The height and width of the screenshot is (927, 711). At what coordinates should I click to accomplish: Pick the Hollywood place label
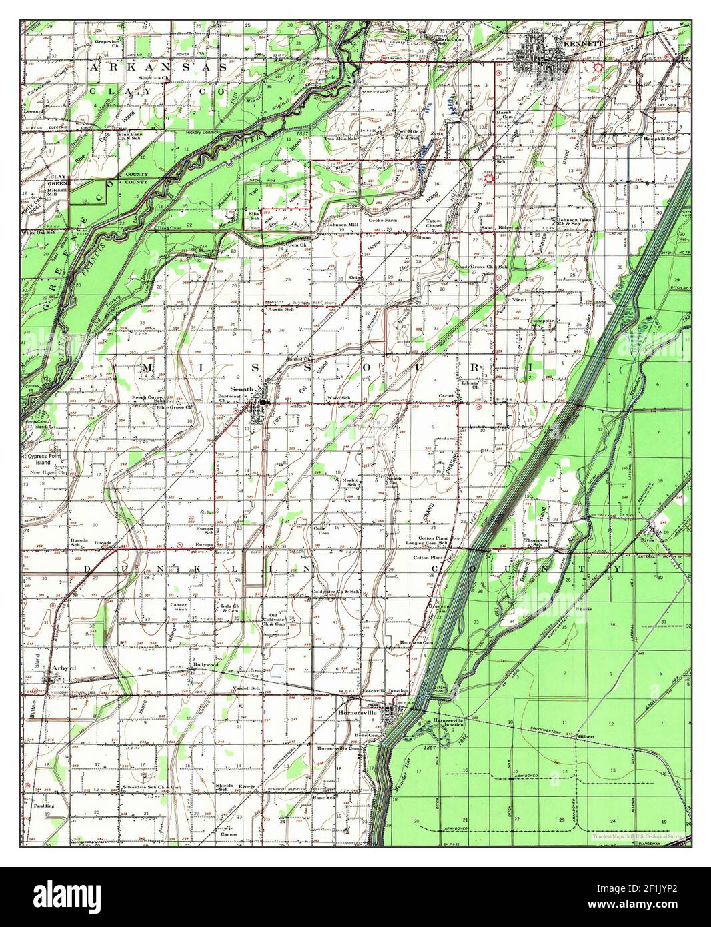pyautogui.click(x=205, y=665)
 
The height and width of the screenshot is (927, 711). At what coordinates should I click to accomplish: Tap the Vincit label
pyautogui.click(x=520, y=299)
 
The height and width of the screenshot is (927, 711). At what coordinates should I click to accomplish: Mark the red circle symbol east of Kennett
pyautogui.click(x=598, y=67)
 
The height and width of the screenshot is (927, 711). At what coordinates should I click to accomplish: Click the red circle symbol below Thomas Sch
pyautogui.click(x=490, y=178)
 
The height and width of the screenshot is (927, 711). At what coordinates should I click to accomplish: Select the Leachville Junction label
pyautogui.click(x=384, y=691)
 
